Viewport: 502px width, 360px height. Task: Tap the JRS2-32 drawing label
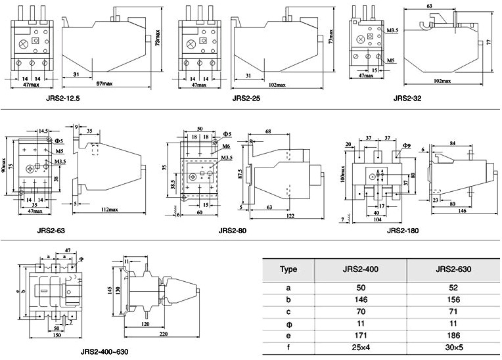(407, 99)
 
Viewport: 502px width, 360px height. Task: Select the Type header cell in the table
(288, 269)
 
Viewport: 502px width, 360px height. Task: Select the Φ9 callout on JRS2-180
(407, 145)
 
